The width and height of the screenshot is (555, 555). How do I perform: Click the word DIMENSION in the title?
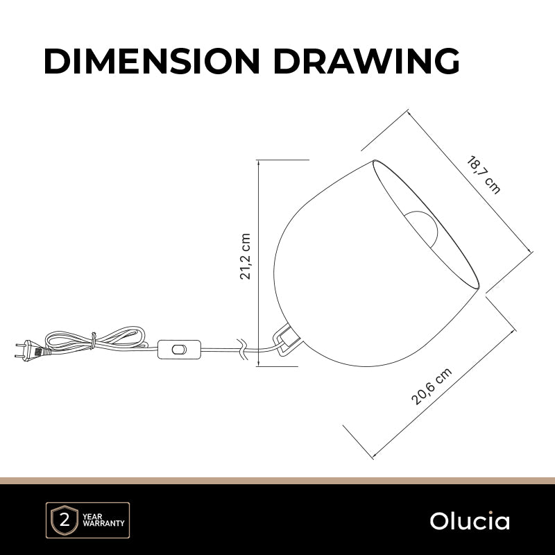(x=152, y=61)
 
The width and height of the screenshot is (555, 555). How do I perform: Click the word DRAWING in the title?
(x=367, y=61)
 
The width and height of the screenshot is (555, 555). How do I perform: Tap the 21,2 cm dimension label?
(x=245, y=257)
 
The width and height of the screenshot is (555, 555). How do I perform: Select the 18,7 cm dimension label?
(x=483, y=175)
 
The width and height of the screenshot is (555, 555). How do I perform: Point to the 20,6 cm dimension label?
(x=432, y=386)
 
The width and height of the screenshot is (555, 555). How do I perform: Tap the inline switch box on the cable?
(x=179, y=350)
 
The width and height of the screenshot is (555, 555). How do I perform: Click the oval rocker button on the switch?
(x=179, y=350)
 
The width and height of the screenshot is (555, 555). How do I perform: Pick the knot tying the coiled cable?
(x=94, y=340)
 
